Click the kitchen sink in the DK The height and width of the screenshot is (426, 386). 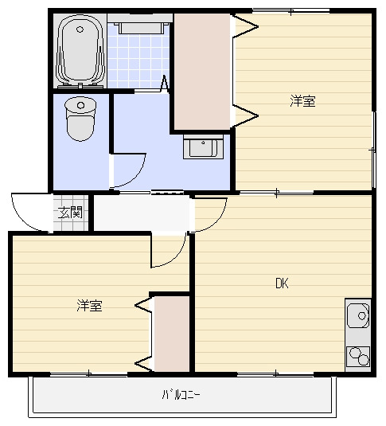(x=359, y=319)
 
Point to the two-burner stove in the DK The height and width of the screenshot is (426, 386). (x=358, y=356)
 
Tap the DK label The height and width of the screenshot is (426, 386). (x=282, y=283)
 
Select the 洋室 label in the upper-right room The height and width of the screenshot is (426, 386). (x=302, y=101)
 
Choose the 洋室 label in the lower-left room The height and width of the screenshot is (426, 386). (x=89, y=305)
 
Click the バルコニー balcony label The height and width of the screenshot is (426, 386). (x=181, y=394)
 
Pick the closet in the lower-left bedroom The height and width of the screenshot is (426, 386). (x=171, y=334)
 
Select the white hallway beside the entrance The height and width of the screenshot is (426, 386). (x=143, y=213)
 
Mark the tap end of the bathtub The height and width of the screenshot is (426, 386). (x=80, y=80)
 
